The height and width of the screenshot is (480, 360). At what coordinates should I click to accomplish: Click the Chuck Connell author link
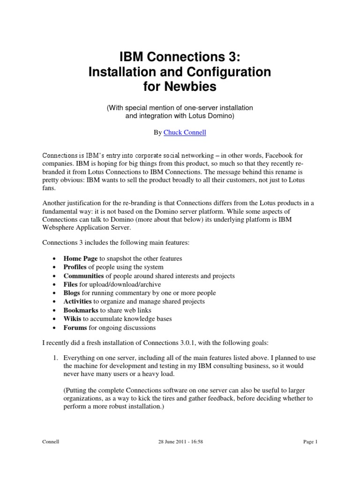tap(185, 133)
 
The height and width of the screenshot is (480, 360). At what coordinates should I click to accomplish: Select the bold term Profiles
tap(75, 267)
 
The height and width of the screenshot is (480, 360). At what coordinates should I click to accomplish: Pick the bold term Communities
tap(83, 276)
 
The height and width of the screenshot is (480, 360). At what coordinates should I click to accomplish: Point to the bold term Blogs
tap(72, 293)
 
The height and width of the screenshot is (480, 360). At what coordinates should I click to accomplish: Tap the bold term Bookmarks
tap(81, 310)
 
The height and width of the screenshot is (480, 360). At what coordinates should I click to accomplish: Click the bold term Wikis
tap(73, 319)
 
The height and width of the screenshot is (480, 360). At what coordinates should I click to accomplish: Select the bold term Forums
tap(75, 327)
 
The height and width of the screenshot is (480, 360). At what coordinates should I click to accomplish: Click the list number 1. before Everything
tap(55, 358)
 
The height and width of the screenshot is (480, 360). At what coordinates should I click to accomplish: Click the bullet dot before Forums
tap(55, 328)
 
